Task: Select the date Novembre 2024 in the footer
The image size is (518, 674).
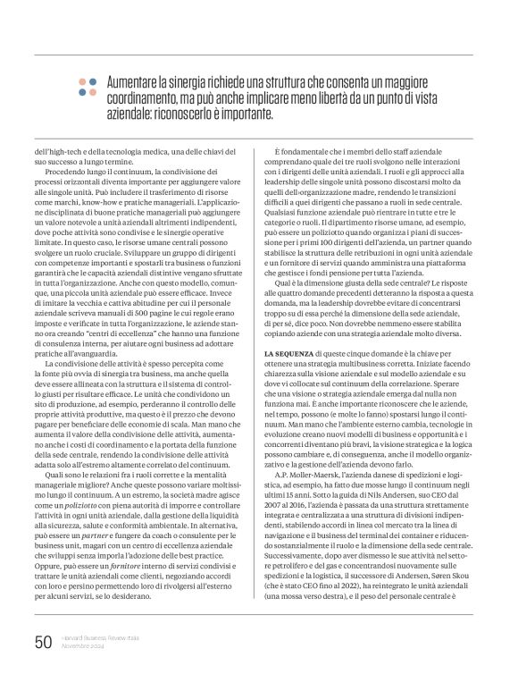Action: click(83, 646)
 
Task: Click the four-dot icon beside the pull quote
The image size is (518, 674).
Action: click(87, 86)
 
